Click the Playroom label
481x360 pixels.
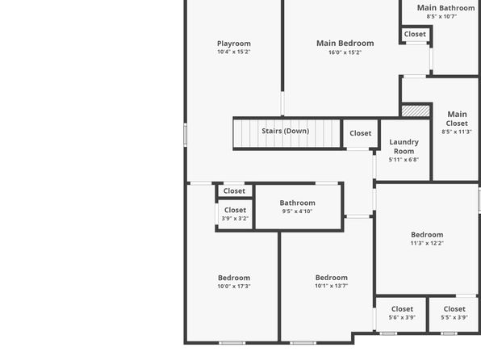(234, 44)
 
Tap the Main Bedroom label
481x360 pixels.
(345, 44)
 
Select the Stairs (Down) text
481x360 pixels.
(285, 131)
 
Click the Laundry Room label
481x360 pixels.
(404, 146)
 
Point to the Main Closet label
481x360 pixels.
(457, 119)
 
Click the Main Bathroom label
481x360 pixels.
(446, 8)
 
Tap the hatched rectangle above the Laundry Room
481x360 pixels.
(416, 111)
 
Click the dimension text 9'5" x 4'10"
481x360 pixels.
(297, 211)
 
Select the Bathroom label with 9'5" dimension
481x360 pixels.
(297, 203)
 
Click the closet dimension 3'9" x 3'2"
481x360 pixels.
(235, 219)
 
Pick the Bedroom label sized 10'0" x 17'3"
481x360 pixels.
(234, 278)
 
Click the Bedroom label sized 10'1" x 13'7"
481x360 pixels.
(332, 278)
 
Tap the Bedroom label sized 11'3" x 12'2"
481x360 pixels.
(427, 235)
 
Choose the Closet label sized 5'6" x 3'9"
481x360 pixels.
(402, 309)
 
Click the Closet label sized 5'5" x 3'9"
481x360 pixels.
(454, 309)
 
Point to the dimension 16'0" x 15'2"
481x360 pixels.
(345, 52)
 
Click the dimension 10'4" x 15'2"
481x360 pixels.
(234, 52)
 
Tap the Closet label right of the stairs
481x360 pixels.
(361, 133)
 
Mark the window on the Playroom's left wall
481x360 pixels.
(186, 135)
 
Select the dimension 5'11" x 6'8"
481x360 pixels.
(404, 160)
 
